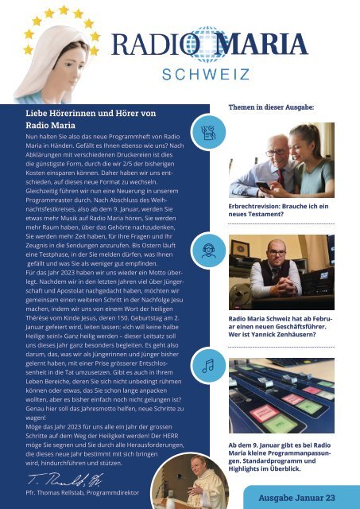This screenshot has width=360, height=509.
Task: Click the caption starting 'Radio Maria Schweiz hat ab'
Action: point(282,325)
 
